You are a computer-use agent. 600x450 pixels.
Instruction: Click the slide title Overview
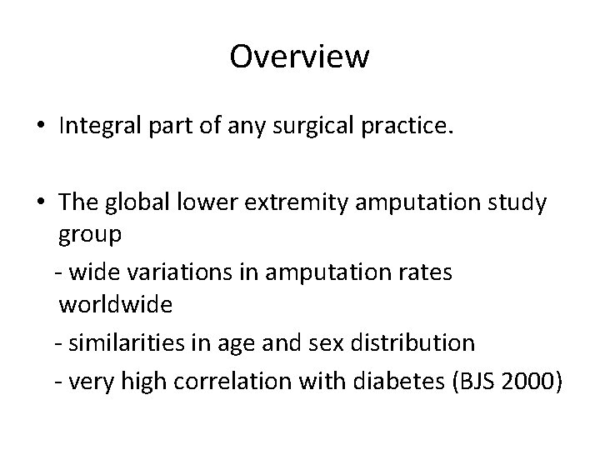(299, 57)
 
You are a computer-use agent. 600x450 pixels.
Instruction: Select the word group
(91, 236)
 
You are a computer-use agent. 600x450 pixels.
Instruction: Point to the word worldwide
(116, 305)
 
